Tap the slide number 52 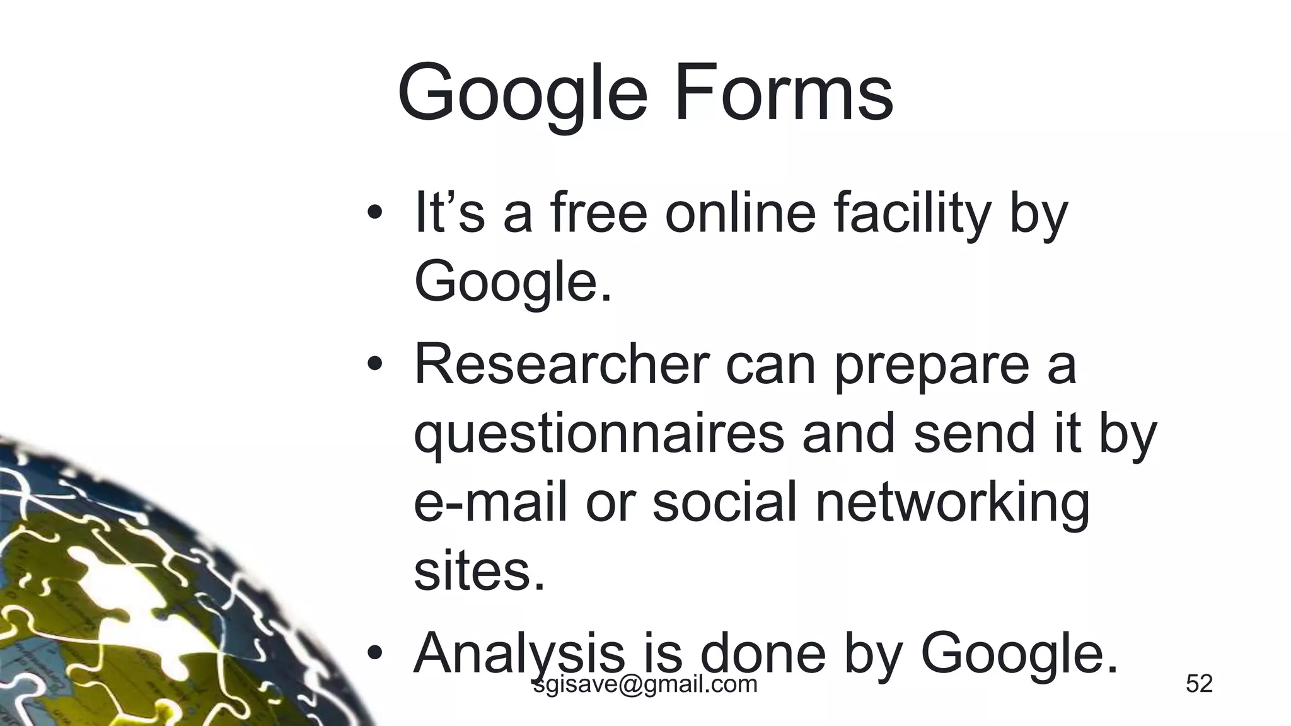[x=1199, y=684]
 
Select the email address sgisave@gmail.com [x=645, y=684]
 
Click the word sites [x=479, y=572]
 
